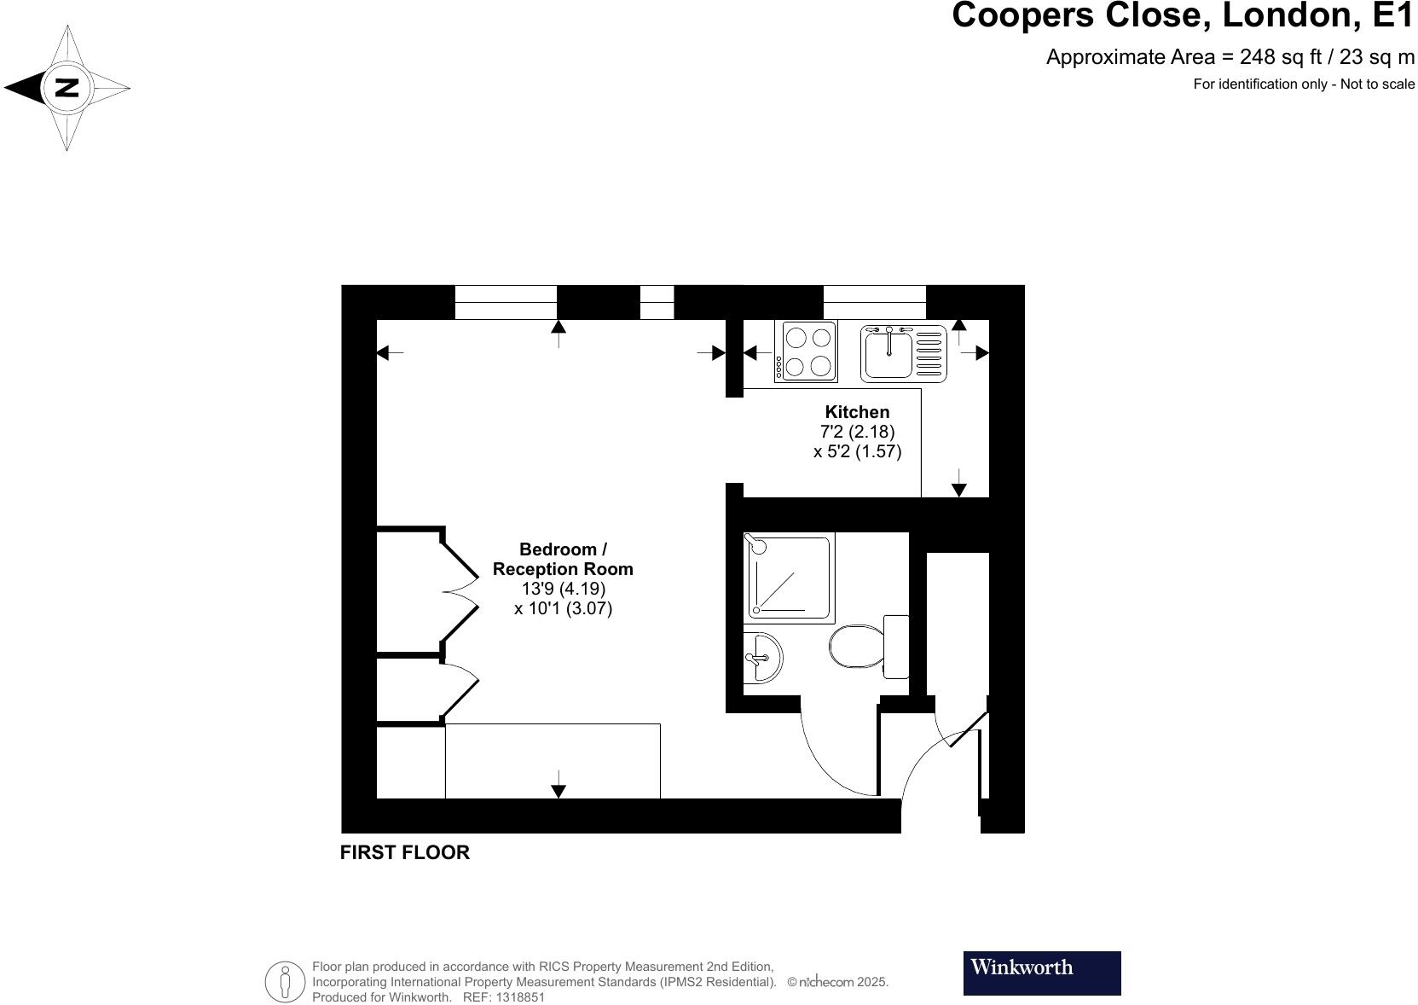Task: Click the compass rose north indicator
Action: [x=67, y=88]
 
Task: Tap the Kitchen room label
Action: [x=857, y=412]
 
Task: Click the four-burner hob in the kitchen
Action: [x=806, y=351]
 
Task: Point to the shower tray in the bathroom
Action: [x=789, y=577]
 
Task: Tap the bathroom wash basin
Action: [x=761, y=658]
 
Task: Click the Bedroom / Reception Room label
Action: [x=563, y=559]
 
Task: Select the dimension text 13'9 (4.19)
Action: [x=563, y=589]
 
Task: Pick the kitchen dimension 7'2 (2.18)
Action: [x=857, y=432]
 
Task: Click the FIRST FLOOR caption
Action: [x=404, y=852]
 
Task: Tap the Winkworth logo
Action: [x=1041, y=973]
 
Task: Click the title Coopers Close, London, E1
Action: [x=1182, y=16]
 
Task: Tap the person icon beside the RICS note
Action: [x=285, y=982]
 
